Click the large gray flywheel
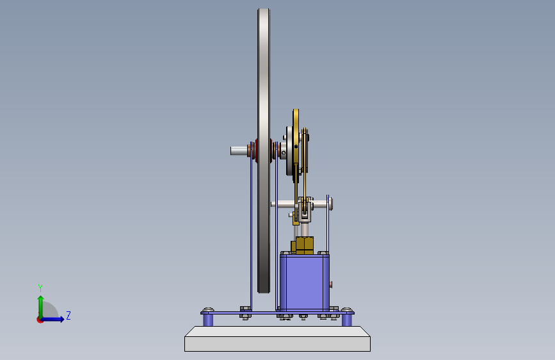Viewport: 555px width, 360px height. (x=264, y=151)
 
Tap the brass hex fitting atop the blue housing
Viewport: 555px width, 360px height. (x=304, y=245)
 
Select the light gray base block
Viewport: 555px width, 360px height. (x=278, y=339)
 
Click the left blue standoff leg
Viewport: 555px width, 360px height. (x=208, y=320)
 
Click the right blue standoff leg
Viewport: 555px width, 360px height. (x=347, y=320)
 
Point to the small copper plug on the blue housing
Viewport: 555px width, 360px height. (x=331, y=284)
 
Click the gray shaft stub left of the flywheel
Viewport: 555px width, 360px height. (x=239, y=151)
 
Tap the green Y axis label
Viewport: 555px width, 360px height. (x=40, y=288)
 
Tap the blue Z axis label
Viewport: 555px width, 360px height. (x=68, y=315)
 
